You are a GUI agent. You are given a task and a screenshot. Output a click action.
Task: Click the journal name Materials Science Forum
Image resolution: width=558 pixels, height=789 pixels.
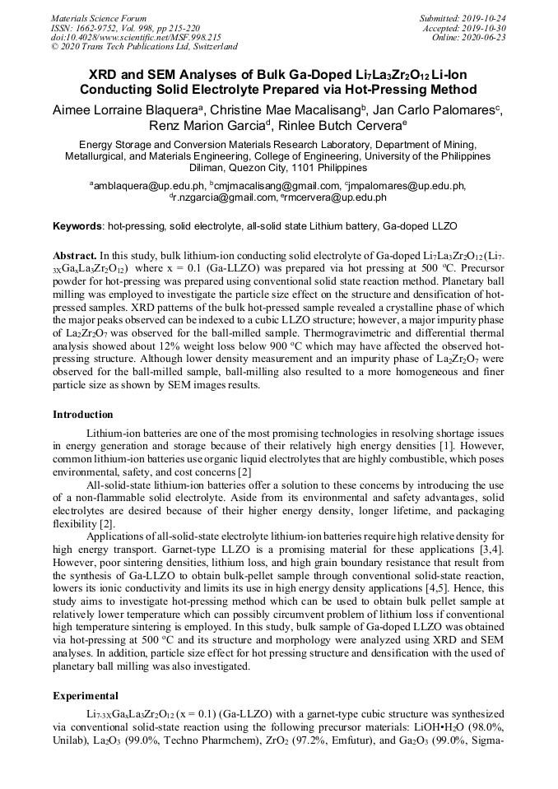[x=99, y=17]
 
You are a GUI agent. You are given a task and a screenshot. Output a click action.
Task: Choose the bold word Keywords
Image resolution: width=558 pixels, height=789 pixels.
[x=78, y=225]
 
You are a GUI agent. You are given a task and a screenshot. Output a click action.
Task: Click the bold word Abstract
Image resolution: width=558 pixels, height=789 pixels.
[x=75, y=257]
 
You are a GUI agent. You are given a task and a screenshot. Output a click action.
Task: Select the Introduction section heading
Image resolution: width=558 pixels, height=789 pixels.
[x=83, y=414]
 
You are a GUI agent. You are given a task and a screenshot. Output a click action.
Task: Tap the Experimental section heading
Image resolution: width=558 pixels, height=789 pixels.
[x=86, y=695]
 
